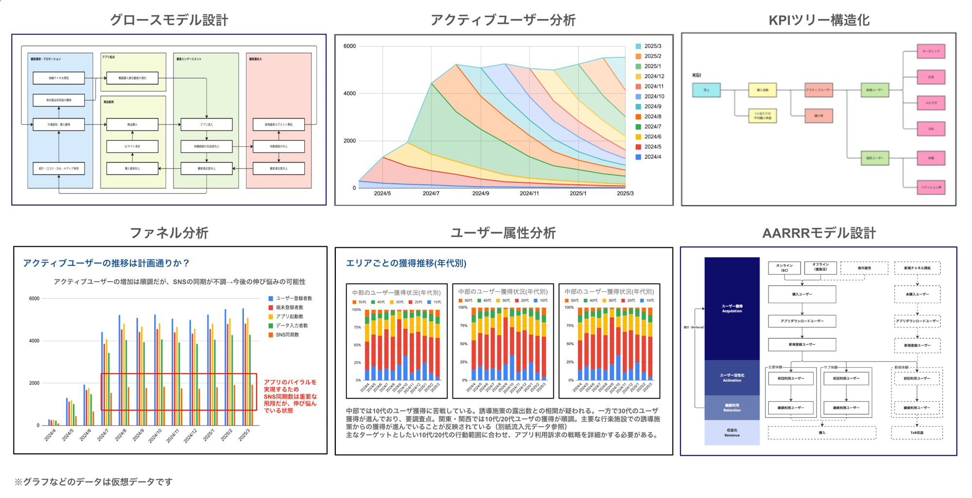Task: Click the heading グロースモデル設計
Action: coord(169,20)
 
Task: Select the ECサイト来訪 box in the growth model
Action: coord(132,146)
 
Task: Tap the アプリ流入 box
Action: coord(206,125)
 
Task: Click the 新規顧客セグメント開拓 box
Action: coord(278,125)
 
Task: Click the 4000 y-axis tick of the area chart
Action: coord(349,93)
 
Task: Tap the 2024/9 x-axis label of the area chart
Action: coord(481,193)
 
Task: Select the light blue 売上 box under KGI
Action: coord(706,90)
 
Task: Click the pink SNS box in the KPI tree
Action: coord(931,129)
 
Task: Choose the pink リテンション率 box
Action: coord(931,187)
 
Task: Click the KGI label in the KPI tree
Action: coord(696,75)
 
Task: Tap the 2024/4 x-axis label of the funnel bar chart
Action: coord(50,434)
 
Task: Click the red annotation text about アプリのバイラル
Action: coord(290,396)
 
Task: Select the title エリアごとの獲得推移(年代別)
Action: coord(406,263)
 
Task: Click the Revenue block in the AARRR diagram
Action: coord(732,432)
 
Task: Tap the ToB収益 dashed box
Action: coord(917,432)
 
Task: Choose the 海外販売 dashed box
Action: coord(864,268)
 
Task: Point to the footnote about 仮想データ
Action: coord(93,481)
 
